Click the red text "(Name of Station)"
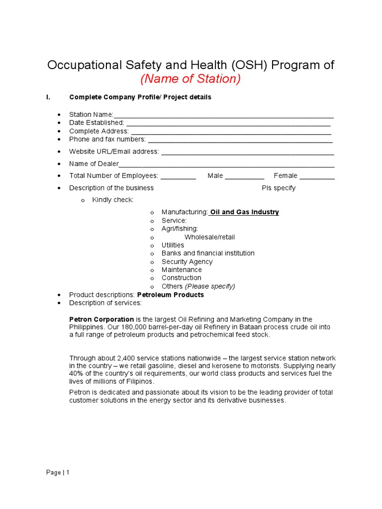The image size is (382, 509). click(x=191, y=79)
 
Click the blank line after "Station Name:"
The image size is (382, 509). click(x=224, y=115)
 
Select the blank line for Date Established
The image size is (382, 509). click(x=228, y=123)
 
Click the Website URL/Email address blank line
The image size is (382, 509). click(x=248, y=152)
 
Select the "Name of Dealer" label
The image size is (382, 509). click(x=94, y=164)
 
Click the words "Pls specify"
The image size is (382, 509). click(x=279, y=188)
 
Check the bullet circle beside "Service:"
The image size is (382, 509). click(x=152, y=221)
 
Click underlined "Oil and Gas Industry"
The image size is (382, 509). click(x=244, y=212)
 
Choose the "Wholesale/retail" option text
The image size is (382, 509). click(x=209, y=237)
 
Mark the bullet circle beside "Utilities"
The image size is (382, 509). click(x=152, y=246)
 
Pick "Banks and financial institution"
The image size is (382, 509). click(x=208, y=253)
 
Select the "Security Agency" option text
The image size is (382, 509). click(x=187, y=261)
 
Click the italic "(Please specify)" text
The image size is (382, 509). click(x=210, y=286)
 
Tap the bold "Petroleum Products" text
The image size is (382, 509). click(x=170, y=295)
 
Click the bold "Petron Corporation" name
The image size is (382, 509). click(x=101, y=319)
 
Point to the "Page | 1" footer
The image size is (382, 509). click(x=58, y=473)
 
